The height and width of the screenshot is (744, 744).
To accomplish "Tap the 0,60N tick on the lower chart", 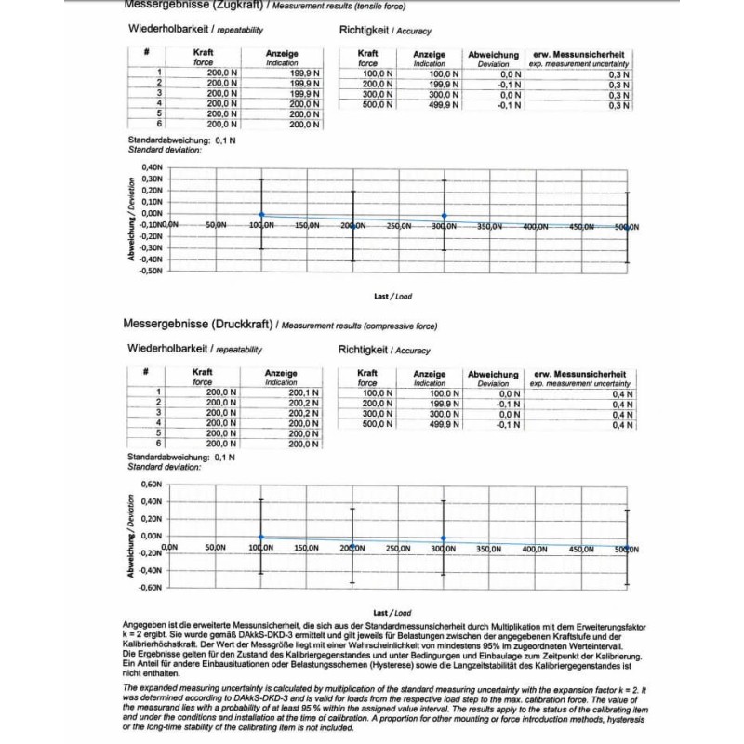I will (151, 485).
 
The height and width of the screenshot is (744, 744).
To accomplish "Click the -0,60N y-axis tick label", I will (150, 588).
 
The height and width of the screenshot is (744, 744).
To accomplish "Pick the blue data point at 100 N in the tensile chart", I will (261, 214).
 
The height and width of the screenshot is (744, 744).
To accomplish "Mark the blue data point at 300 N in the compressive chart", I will (444, 538).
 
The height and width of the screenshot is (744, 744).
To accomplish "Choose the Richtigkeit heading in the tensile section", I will (365, 31).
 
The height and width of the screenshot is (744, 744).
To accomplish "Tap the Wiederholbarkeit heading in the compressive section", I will (167, 349).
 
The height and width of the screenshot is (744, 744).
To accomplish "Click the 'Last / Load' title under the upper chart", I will (392, 296).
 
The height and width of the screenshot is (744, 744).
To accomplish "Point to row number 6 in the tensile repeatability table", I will (159, 123).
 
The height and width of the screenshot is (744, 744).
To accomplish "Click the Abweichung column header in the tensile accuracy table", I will (493, 55).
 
